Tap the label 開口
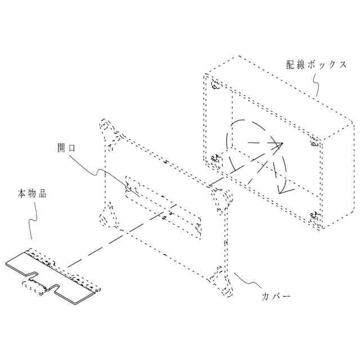tap(67, 148)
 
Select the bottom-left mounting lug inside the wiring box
tap(215, 160)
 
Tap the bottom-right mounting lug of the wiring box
tap(314, 216)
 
